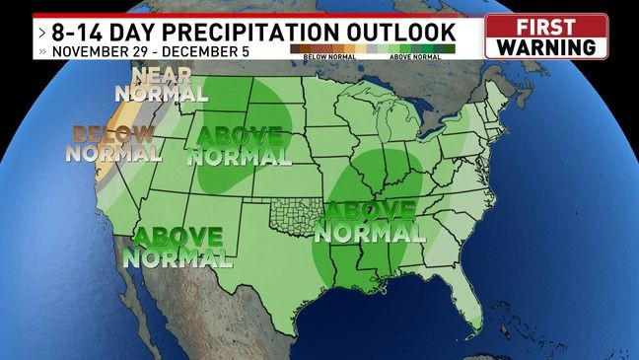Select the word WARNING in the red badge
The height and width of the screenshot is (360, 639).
click(545, 45)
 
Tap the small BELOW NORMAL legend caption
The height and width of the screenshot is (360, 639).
click(315, 57)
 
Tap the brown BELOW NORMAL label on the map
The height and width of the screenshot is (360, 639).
click(114, 144)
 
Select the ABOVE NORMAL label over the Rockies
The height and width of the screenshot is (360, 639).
click(239, 146)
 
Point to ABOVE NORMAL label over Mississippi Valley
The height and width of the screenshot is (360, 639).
click(371, 223)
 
